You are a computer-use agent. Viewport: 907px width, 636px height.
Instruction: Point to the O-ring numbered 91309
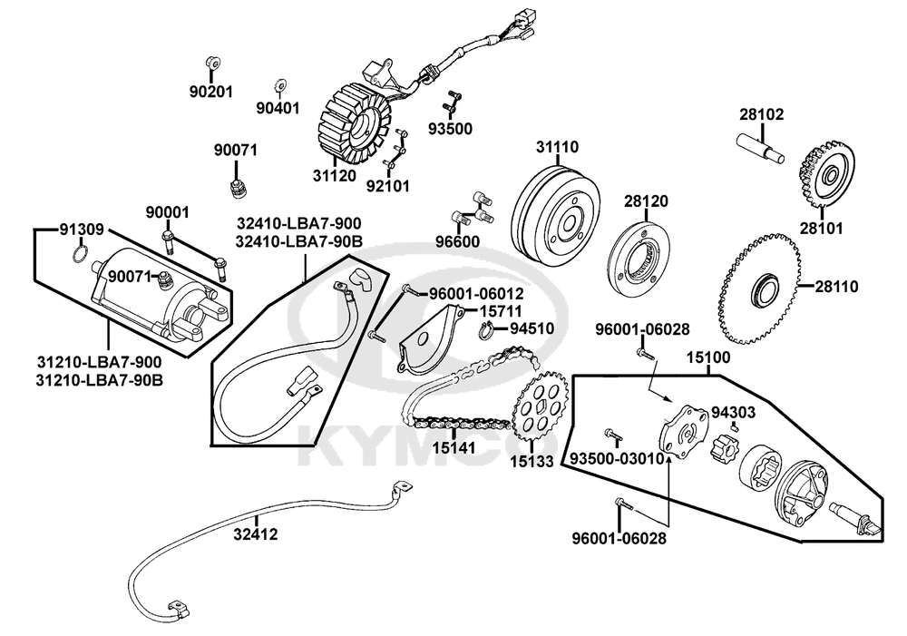click(x=80, y=253)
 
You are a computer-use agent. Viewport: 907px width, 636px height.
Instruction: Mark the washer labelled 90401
click(x=280, y=86)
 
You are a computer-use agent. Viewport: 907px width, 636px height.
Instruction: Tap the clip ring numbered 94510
click(x=483, y=330)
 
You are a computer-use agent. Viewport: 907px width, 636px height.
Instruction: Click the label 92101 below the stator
click(x=388, y=187)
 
